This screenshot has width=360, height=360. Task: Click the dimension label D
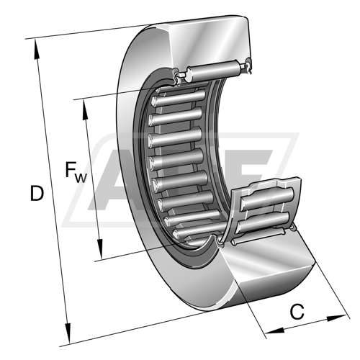coord(37,193)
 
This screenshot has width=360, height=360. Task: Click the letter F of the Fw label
coord(70,169)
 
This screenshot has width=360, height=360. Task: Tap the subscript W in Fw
coord(81,178)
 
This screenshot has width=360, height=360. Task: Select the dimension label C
coord(297,312)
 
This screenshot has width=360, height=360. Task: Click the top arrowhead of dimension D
coord(37,49)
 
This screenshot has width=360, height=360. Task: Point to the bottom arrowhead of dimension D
coord(68,333)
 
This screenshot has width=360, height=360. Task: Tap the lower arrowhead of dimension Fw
coord(100,249)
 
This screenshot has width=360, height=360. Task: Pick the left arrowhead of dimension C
coord(275,330)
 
